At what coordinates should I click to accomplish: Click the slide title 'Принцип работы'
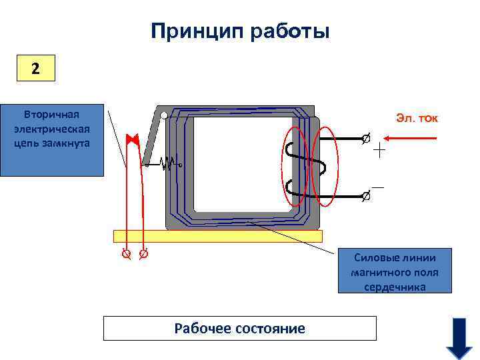pyautogui.click(x=240, y=31)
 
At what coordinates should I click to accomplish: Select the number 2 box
pyautogui.click(x=35, y=68)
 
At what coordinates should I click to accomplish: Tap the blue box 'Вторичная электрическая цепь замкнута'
pyautogui.click(x=52, y=139)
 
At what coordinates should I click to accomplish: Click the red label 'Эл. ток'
pyautogui.click(x=417, y=119)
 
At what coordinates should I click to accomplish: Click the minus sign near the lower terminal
pyautogui.click(x=377, y=188)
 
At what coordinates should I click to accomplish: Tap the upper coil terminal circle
pyautogui.click(x=365, y=139)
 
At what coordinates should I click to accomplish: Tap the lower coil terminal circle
pyautogui.click(x=365, y=197)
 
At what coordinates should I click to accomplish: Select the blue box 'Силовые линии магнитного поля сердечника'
pyautogui.click(x=395, y=271)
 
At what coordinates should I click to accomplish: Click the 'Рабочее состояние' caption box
pyautogui.click(x=240, y=328)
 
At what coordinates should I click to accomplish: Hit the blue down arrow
pyautogui.click(x=459, y=337)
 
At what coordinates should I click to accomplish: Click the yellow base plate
pyautogui.click(x=218, y=236)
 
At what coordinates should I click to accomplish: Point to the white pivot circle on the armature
pyautogui.click(x=164, y=115)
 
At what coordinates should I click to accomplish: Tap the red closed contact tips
pyautogui.click(x=132, y=140)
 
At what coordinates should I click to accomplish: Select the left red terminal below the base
pyautogui.click(x=125, y=254)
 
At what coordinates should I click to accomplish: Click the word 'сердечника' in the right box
pyautogui.click(x=395, y=287)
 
